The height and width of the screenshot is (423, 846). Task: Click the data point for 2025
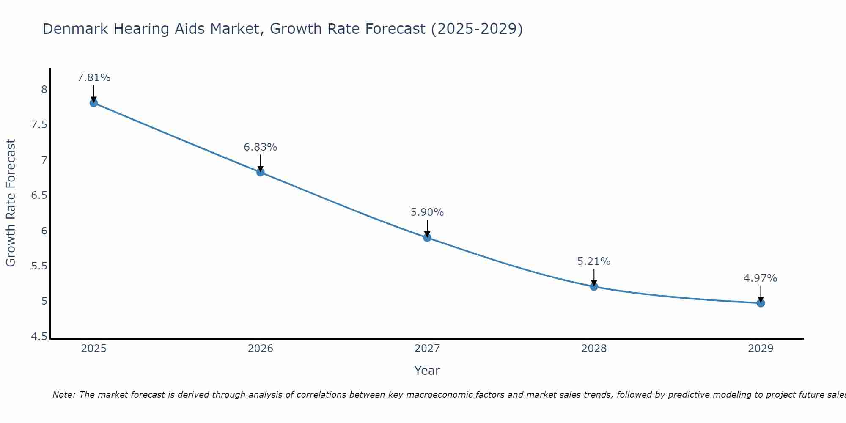pos(93,103)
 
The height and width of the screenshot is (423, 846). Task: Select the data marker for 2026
pos(261,172)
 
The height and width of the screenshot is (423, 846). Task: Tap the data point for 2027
pos(427,238)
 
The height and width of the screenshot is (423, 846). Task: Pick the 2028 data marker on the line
pos(594,287)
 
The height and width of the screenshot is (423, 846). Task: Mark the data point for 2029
pos(761,303)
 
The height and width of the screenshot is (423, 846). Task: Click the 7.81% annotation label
pos(93,78)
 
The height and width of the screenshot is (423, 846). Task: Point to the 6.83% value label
pos(261,147)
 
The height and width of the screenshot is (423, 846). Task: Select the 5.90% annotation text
pos(427,212)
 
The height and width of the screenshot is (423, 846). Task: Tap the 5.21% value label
pos(594,261)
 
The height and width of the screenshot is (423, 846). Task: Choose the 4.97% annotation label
pos(761,278)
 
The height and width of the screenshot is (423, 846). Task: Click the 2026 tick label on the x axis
pos(261,349)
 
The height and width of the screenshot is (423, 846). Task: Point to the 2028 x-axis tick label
pos(594,349)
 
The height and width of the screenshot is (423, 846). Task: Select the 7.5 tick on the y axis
pos(39,125)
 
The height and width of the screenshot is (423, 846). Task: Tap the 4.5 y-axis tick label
pos(39,337)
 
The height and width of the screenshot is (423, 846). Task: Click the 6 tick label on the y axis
pos(44,231)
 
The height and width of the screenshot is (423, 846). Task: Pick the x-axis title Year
pos(427,371)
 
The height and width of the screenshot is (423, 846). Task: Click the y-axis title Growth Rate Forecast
pos(11,203)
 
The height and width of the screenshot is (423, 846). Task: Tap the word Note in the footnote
pos(63,395)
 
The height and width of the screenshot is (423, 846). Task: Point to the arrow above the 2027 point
pos(427,228)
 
